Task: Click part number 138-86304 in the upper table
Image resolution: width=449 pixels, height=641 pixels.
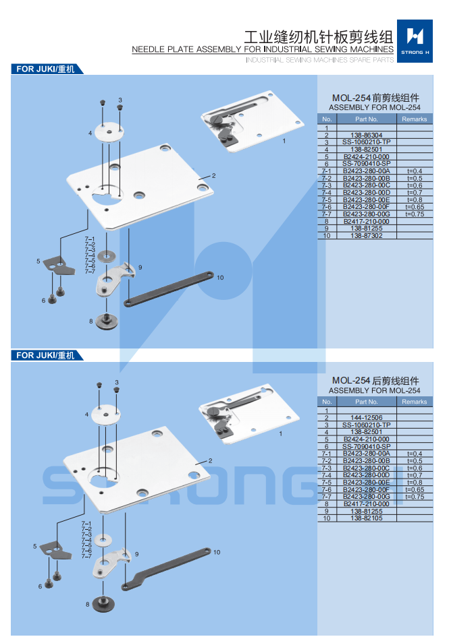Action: tap(366, 135)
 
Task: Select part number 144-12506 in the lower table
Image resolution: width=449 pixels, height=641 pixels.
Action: tap(366, 417)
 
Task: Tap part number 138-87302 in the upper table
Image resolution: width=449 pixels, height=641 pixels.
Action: tap(366, 236)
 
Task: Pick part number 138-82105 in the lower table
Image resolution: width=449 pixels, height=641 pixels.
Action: tap(366, 518)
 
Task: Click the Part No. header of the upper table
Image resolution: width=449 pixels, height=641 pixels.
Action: tap(366, 119)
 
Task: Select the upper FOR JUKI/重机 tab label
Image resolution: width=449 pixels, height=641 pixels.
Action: tap(46, 69)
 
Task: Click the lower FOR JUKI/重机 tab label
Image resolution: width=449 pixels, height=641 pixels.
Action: tap(46, 355)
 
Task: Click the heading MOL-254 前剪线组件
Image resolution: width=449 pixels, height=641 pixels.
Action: tap(375, 97)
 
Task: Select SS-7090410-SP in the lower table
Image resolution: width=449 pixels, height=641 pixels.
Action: tap(366, 446)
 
